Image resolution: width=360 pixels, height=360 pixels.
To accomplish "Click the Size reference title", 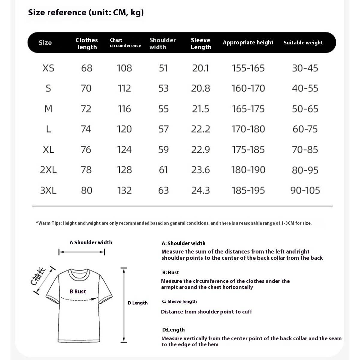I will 86,13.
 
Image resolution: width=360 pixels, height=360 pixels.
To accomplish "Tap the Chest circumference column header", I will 125,43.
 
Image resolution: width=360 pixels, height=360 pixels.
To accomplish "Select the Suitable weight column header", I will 303,43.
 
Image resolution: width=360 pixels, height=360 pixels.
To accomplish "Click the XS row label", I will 48,68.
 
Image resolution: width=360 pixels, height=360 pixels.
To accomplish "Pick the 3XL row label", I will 48,190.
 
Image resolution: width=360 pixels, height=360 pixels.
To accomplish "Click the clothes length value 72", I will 86,109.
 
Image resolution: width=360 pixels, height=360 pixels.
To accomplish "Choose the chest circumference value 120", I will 124,129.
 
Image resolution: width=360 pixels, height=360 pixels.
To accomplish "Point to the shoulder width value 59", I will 163,149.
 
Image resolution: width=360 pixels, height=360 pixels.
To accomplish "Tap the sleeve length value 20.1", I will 200,68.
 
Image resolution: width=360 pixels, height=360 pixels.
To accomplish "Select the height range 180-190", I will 248,170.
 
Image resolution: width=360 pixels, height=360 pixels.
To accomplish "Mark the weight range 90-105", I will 305,190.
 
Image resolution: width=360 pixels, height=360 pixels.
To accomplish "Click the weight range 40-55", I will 305,88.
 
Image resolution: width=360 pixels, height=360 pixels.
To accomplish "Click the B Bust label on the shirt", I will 78,291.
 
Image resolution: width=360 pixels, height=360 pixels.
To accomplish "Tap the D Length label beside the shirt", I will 137,303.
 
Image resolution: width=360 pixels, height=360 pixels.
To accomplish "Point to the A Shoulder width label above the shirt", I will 91,242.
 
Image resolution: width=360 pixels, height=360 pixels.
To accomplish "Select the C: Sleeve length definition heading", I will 179,301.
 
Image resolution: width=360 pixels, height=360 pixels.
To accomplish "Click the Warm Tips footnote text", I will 174,223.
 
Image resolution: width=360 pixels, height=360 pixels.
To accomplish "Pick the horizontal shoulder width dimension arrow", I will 82,252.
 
